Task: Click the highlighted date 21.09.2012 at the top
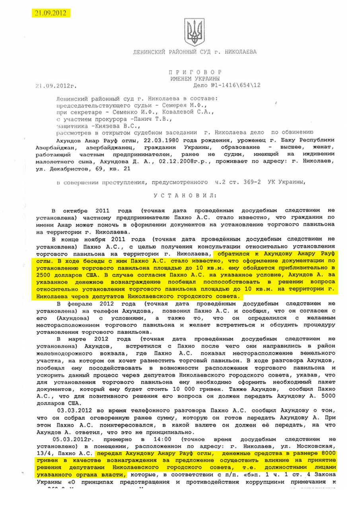click(x=51, y=13)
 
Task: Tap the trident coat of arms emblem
click(x=195, y=31)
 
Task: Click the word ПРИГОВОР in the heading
click(x=195, y=72)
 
